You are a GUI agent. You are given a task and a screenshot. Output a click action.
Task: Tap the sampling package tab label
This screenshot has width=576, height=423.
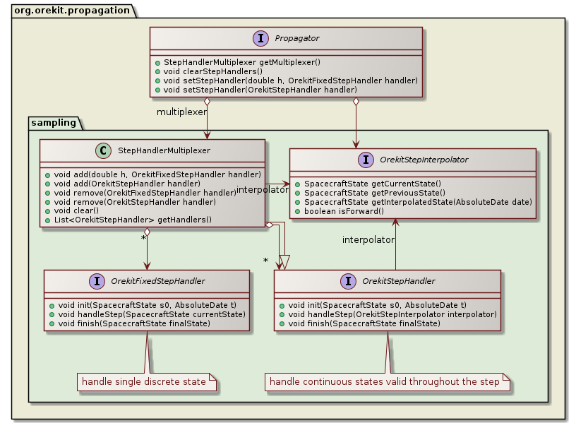[x=54, y=122]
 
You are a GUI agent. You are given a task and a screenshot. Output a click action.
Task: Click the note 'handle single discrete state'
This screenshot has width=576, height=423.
[x=144, y=382]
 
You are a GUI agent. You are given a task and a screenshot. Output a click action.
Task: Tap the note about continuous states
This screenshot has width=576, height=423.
[x=385, y=382]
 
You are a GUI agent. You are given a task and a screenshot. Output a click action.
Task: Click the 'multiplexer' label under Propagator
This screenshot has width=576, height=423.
[x=181, y=112]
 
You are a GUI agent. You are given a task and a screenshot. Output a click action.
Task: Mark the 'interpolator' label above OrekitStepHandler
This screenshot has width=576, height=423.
[x=368, y=240]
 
